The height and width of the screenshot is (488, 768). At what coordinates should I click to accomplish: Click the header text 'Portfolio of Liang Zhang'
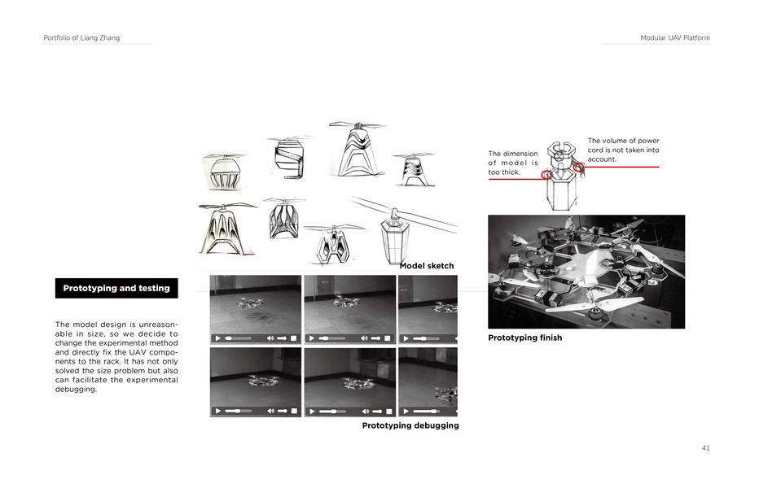81,38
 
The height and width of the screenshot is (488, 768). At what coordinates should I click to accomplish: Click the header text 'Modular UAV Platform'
674,38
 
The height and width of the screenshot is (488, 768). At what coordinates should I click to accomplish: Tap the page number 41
705,448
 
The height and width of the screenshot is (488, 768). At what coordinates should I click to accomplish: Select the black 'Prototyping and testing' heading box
116,288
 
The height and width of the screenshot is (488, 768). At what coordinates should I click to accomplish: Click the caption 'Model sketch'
427,266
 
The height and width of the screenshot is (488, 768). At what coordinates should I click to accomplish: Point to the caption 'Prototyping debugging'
410,425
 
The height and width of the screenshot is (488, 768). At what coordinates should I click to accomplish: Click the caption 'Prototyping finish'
524,338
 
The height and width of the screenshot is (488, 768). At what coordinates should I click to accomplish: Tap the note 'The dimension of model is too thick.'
513,163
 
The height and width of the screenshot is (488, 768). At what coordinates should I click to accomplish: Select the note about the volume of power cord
623,150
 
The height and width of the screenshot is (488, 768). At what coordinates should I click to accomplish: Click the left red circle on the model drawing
547,175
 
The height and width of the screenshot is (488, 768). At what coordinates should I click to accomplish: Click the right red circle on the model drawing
578,167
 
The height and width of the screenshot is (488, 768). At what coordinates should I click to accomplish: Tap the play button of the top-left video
218,338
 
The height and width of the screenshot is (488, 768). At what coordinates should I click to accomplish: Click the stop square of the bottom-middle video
388,412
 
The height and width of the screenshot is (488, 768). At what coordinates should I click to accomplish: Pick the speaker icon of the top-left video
270,338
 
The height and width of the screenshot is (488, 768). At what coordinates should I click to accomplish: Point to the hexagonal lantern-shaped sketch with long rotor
395,232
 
